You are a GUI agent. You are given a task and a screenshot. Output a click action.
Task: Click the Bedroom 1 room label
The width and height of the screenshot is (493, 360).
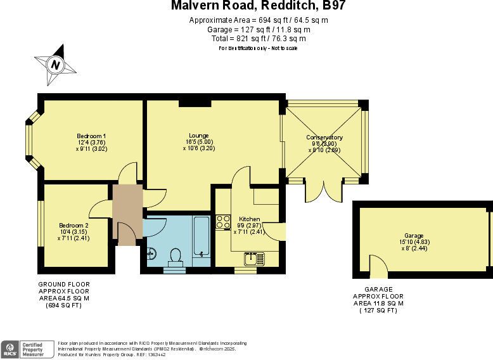pos(91,136)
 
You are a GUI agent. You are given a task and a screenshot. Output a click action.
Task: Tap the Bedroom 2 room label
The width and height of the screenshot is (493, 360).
pos(74,226)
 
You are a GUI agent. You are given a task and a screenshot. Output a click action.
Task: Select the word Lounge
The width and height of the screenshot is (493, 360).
pos(198,136)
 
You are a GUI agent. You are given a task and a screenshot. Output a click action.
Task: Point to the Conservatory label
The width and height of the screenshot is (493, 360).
pos(324,138)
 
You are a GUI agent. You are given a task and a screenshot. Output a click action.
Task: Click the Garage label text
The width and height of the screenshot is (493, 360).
pos(414,236)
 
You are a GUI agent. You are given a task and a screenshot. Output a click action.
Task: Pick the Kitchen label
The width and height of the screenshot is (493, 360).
pos(249,219)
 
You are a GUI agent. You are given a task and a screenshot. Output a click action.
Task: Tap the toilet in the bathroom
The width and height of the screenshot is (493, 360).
pos(175,256)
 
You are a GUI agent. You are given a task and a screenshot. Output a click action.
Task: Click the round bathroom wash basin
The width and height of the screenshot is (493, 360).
pos(151,254)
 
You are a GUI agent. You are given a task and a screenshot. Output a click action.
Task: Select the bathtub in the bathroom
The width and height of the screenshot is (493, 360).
pos(202,236)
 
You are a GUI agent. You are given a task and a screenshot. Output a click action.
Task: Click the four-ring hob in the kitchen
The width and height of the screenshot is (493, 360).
pos(223,222)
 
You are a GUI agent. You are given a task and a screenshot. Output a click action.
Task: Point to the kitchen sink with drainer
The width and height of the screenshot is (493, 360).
pos(255,259)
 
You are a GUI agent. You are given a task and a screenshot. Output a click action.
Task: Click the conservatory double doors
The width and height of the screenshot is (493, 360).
pos(324,191)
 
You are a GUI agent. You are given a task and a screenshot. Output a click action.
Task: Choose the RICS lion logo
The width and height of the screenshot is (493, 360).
pos(10,349)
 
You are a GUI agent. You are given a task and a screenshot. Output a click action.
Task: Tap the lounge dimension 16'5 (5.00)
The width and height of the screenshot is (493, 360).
pos(199,142)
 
